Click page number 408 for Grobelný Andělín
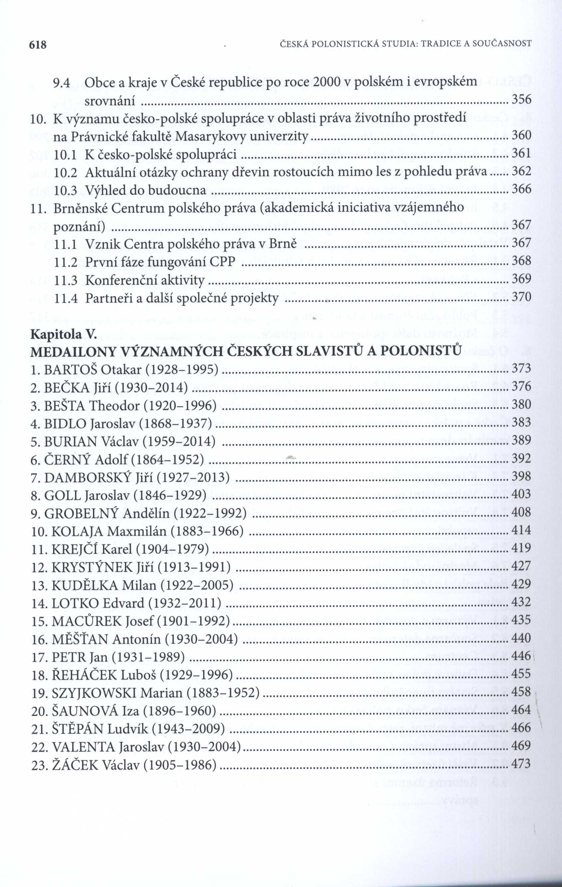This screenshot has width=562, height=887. tap(521, 512)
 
